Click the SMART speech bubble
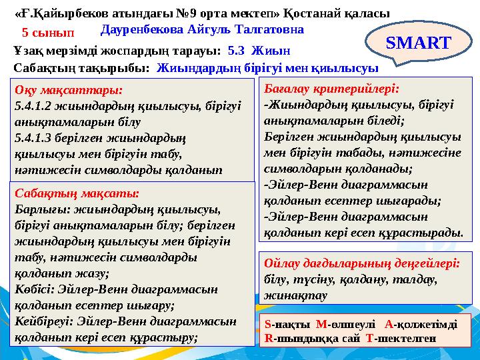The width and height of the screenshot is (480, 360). pyautogui.click(x=418, y=43)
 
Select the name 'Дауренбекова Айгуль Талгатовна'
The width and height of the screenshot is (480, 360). pyautogui.click(x=203, y=30)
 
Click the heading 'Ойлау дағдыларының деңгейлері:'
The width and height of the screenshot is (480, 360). pyautogui.click(x=362, y=263)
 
